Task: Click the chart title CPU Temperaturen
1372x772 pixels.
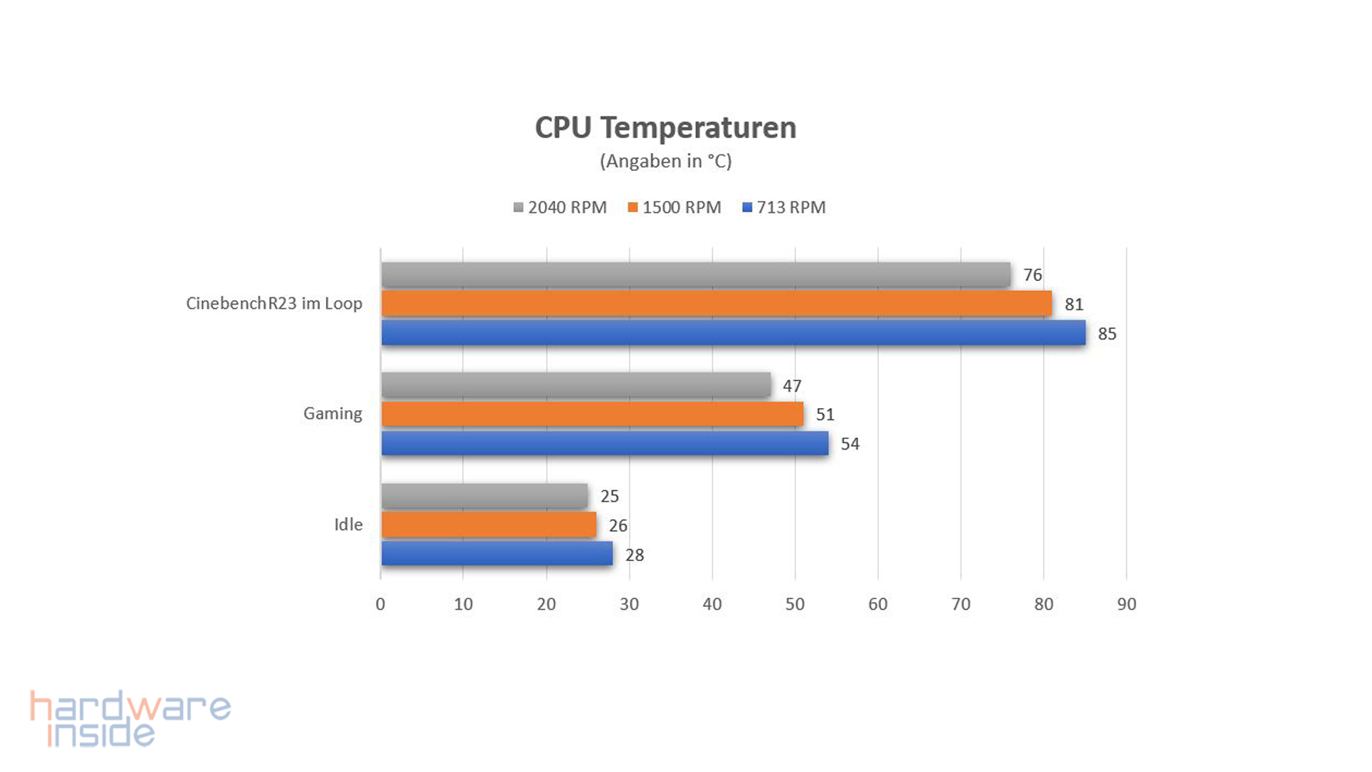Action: tap(665, 128)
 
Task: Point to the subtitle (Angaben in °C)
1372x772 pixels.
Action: tap(665, 161)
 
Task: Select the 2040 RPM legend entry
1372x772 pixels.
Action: tap(560, 207)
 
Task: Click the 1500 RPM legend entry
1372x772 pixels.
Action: tap(675, 207)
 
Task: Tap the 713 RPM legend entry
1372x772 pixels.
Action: tap(784, 207)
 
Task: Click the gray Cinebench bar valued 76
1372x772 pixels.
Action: tap(696, 274)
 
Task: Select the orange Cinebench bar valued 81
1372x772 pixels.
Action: tap(717, 304)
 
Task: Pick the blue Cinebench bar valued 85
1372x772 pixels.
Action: tap(733, 333)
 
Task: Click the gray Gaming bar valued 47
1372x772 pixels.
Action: tap(576, 385)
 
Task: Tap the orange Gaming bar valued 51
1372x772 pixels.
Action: tap(592, 414)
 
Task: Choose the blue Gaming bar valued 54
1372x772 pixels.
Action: tap(605, 443)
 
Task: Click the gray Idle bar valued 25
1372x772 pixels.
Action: tap(484, 495)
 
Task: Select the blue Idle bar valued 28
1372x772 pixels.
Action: tap(497, 554)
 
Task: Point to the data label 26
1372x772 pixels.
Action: tap(618, 525)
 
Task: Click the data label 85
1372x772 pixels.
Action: tap(1107, 334)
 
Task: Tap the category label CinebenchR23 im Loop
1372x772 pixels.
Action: tap(274, 303)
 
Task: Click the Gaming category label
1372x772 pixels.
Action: tap(332, 413)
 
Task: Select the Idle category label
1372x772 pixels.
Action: tap(348, 524)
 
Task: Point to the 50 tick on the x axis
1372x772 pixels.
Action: tap(795, 604)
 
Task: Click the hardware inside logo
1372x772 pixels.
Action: tap(130, 718)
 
